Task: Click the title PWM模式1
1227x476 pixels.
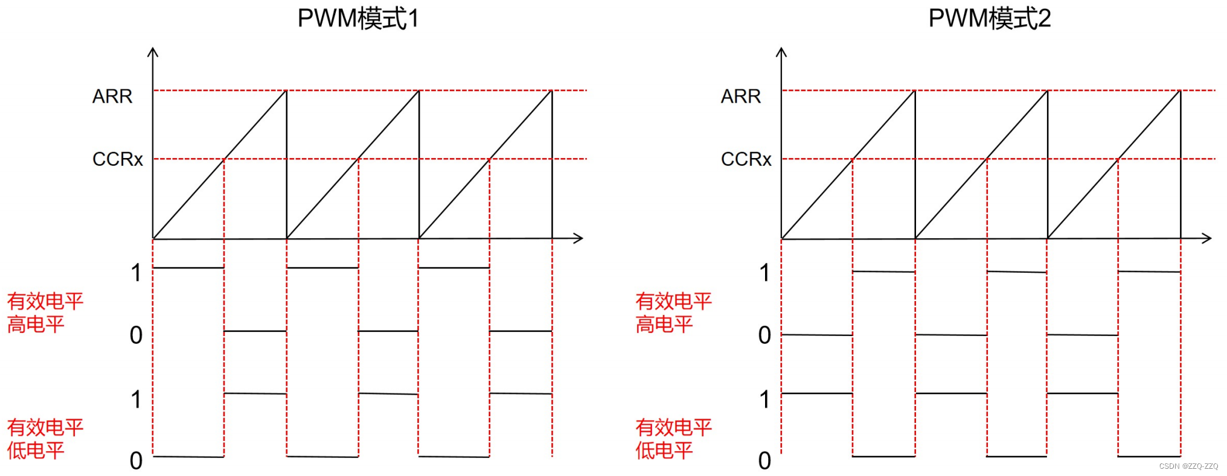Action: [x=358, y=19]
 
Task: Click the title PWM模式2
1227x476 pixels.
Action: [x=989, y=19]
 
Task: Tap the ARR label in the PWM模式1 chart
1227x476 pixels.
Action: [x=112, y=97]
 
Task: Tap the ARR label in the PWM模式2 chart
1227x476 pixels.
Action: [x=741, y=97]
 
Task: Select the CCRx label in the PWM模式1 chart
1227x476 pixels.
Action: [x=118, y=159]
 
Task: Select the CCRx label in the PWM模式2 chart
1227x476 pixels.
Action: [x=746, y=159]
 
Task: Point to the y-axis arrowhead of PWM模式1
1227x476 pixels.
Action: [x=153, y=52]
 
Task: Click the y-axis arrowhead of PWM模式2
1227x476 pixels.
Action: [x=781, y=52]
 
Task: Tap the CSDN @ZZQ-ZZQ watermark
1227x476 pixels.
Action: [x=1188, y=466]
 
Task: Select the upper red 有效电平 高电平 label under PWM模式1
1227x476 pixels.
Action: [x=45, y=313]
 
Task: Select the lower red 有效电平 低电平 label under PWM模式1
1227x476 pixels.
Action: [x=45, y=439]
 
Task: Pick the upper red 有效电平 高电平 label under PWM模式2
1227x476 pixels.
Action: [x=673, y=313]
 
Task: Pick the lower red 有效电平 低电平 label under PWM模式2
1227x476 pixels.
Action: [x=673, y=439]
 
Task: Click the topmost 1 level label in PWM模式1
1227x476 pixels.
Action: [x=136, y=273]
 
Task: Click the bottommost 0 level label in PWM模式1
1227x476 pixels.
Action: [x=136, y=461]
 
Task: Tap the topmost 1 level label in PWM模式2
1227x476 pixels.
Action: [x=765, y=273]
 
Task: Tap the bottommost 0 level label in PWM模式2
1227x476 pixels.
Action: [x=765, y=461]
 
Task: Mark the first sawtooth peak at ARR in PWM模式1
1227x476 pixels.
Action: [x=286, y=90]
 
